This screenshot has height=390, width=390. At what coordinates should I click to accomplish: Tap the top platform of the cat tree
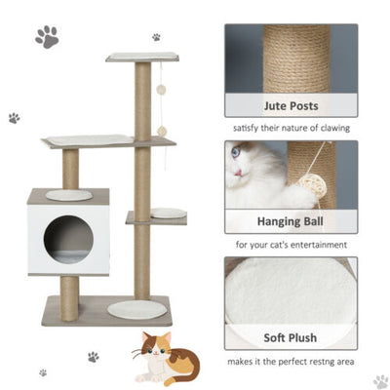pyautogui.click(x=142, y=58)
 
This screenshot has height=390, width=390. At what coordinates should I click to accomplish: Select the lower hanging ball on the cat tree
pyautogui.click(x=163, y=131)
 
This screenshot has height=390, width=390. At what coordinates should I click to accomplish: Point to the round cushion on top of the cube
pyautogui.click(x=68, y=195)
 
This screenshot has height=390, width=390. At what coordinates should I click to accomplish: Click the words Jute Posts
pyautogui.click(x=291, y=105)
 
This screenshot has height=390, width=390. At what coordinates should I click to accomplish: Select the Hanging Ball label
pyautogui.click(x=291, y=221)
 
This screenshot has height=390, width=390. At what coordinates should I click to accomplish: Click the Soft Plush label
pyautogui.click(x=291, y=338)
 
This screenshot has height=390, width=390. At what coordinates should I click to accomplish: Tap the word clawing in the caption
pyautogui.click(x=330, y=128)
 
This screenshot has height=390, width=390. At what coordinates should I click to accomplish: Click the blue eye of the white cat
pyautogui.click(x=237, y=152)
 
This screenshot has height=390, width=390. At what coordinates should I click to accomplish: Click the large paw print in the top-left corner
pyautogui.click(x=46, y=37)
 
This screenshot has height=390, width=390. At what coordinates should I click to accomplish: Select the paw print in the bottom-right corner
pyautogui.click(x=380, y=380)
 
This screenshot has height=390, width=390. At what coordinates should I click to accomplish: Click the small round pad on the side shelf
pyautogui.click(x=168, y=213)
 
